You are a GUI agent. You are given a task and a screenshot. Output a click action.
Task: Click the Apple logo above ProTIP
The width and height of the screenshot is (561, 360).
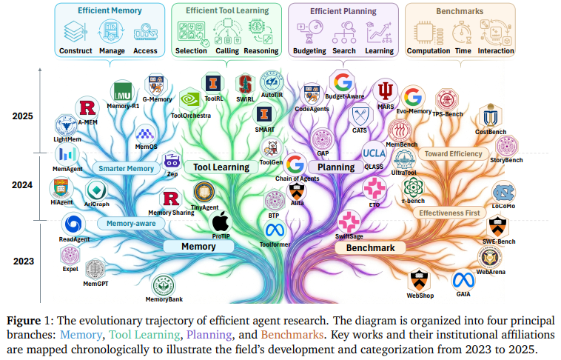click(x=221, y=221)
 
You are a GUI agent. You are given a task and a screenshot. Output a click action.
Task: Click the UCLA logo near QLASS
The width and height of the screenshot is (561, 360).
click(x=373, y=153)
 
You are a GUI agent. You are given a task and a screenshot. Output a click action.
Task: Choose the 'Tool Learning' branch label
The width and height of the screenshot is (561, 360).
click(x=221, y=167)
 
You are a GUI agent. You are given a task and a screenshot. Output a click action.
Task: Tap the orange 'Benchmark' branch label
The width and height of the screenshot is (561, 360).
click(x=375, y=247)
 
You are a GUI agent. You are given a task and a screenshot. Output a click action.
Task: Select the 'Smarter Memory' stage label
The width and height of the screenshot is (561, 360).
click(x=127, y=168)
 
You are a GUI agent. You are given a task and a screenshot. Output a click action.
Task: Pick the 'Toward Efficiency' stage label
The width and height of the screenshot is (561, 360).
click(x=453, y=154)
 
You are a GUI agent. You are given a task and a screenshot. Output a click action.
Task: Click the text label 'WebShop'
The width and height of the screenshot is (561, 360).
click(x=420, y=296)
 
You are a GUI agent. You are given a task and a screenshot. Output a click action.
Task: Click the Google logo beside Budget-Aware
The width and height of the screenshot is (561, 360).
click(x=342, y=81)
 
